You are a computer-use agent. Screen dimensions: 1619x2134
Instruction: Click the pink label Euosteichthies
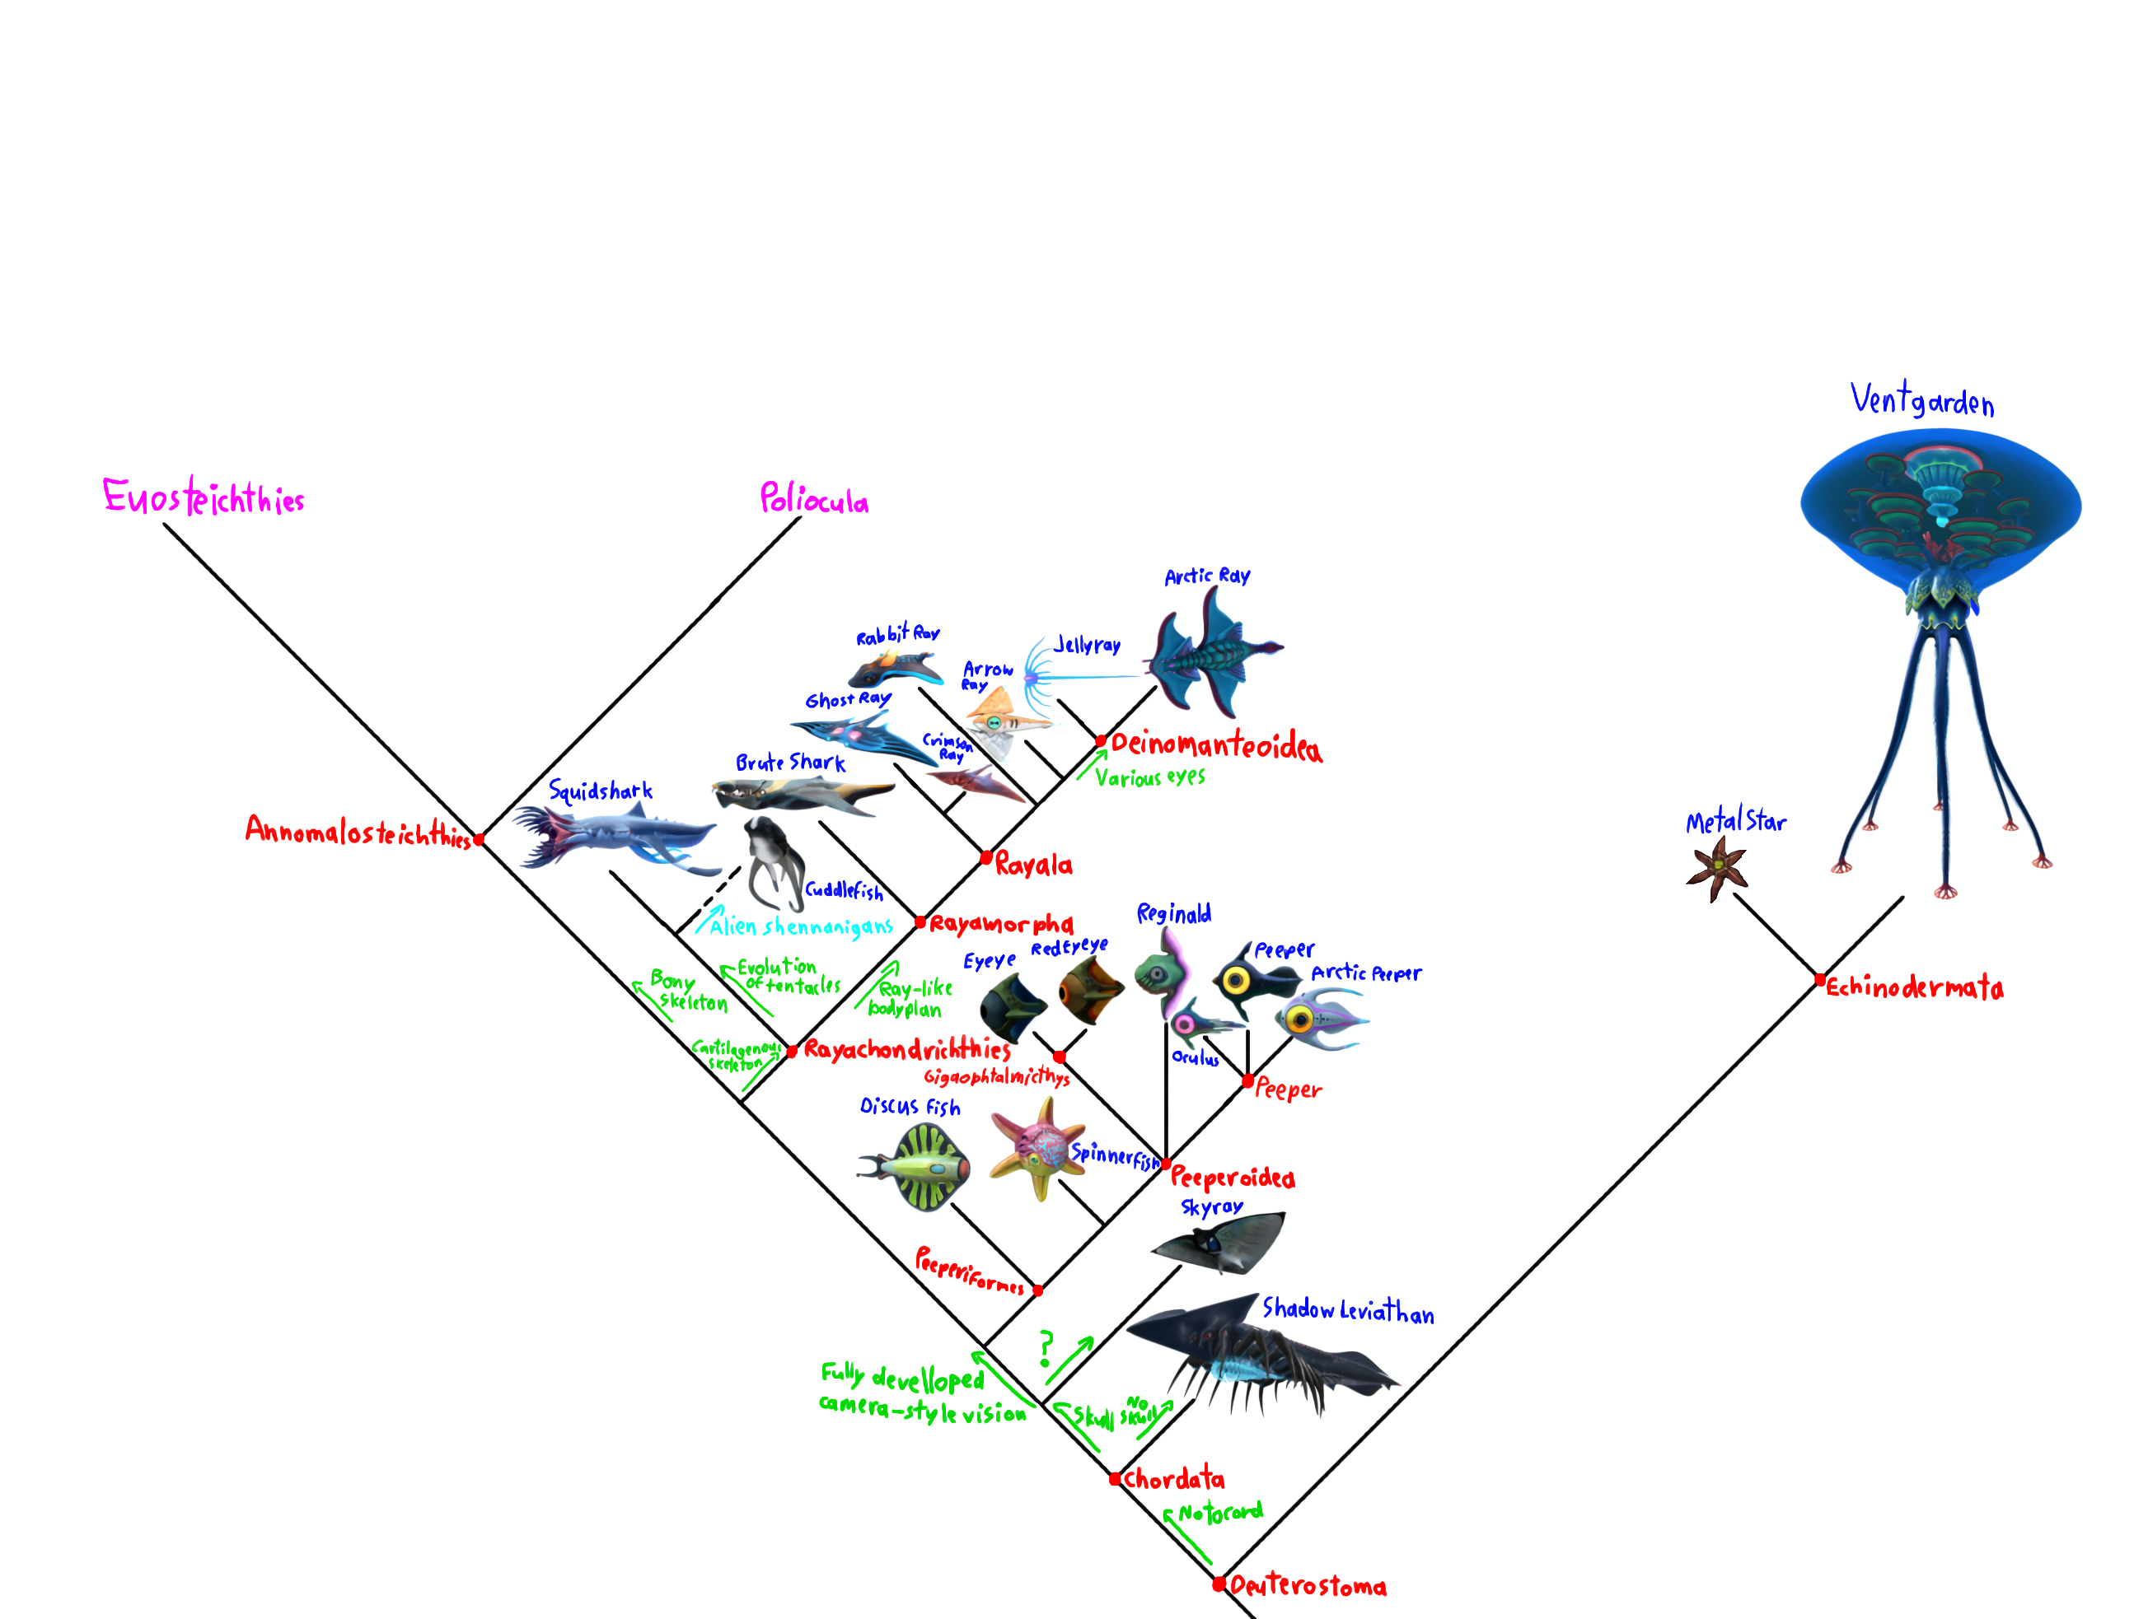(x=204, y=497)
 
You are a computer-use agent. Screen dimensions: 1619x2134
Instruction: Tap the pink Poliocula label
(x=813, y=500)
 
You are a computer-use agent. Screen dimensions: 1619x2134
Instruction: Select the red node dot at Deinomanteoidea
(x=1101, y=740)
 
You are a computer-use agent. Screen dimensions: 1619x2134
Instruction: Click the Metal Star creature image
(x=1717, y=868)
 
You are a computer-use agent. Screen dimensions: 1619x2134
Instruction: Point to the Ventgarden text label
(x=1921, y=400)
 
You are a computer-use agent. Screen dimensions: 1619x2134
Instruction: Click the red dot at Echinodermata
(x=1819, y=981)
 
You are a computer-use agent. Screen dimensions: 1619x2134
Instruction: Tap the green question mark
(x=1046, y=1348)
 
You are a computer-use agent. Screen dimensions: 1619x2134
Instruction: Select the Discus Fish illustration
(x=916, y=1168)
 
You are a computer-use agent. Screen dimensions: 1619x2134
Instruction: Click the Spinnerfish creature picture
(x=1034, y=1147)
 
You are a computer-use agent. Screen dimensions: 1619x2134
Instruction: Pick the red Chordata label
(x=1174, y=1478)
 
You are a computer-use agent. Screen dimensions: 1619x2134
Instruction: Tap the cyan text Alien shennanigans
(x=801, y=926)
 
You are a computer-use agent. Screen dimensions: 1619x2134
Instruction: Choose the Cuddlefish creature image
(x=774, y=863)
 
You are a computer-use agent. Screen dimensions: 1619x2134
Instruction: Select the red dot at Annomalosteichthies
(x=479, y=840)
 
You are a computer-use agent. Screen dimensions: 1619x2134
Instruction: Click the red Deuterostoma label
(x=1308, y=1586)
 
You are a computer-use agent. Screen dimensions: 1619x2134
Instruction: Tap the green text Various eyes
(x=1150, y=777)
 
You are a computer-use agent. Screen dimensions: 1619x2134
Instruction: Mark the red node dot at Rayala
(x=986, y=857)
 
